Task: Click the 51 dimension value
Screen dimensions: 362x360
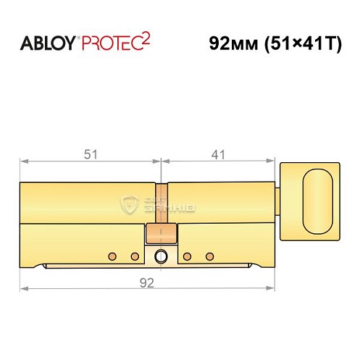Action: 91,153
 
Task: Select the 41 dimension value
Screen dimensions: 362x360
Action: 219,153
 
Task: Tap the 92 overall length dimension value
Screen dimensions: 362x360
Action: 148,284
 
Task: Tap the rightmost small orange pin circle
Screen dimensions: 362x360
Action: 211,256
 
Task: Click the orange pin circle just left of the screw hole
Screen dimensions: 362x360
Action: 135,256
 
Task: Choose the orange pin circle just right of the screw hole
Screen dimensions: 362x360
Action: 187,256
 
